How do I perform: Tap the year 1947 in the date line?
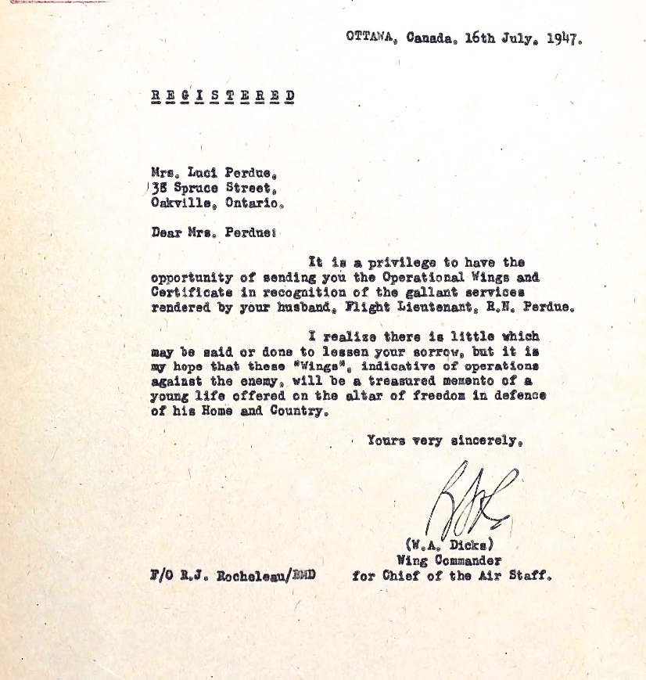[x=563, y=38]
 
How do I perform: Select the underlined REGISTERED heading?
[x=223, y=96]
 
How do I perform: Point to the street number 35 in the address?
[x=159, y=188]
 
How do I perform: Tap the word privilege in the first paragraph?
[x=393, y=262]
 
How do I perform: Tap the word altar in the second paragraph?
[x=371, y=395]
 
